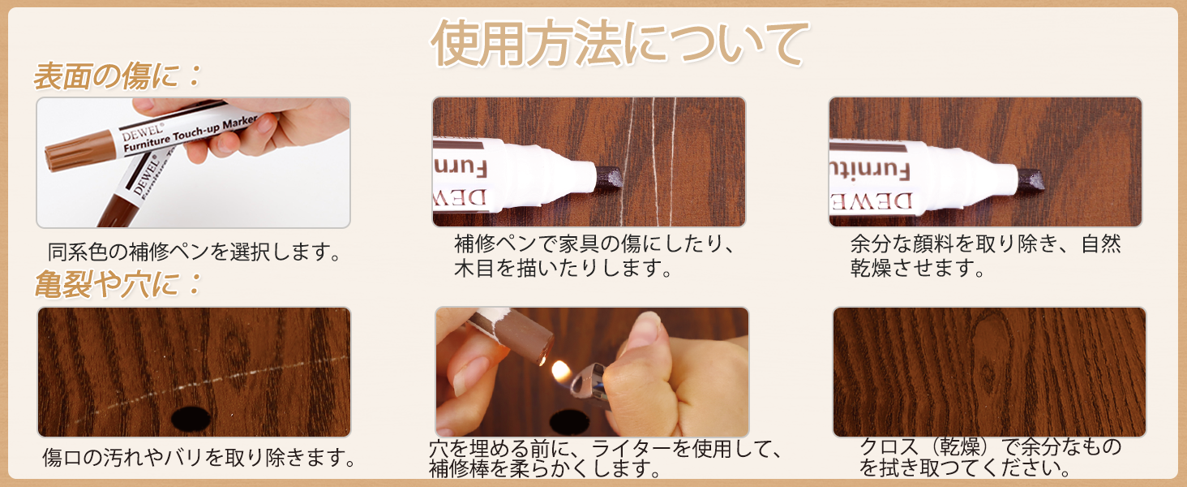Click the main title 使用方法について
pos(620,44)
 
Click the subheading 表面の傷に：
pos(117,77)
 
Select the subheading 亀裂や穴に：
pos(117,285)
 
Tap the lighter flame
pos(559,370)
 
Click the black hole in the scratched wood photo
pos(191,418)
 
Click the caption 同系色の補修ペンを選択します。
pos(193,252)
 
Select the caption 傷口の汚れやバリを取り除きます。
pos(199,458)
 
